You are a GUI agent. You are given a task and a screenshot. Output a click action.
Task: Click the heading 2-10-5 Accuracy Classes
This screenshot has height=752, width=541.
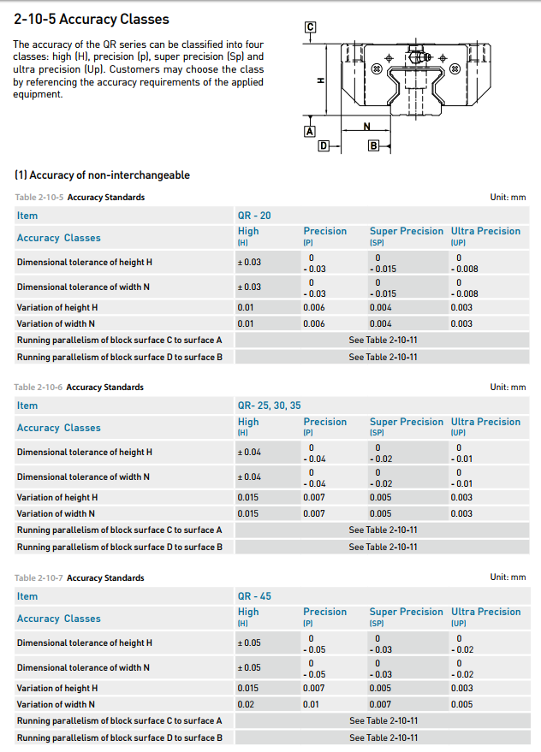tap(92, 19)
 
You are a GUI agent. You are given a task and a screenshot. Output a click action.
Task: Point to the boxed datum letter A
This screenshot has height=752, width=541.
tap(310, 131)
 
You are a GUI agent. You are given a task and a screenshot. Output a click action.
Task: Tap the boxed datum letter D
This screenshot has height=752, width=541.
tap(324, 146)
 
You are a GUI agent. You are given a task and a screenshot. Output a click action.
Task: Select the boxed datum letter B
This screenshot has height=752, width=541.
tap(373, 146)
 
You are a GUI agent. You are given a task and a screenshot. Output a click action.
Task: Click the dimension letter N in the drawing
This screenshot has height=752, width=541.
tap(367, 126)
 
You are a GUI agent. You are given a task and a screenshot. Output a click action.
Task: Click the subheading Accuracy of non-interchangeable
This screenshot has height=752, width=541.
tap(102, 175)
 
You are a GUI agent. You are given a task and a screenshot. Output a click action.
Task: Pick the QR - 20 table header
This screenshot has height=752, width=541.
tap(254, 216)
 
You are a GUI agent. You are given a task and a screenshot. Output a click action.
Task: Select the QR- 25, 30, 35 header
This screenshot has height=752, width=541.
tap(269, 406)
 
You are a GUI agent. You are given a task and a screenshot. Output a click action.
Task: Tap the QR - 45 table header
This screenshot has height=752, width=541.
tap(254, 596)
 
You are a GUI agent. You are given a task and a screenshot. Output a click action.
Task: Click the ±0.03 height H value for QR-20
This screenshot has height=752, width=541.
tap(249, 262)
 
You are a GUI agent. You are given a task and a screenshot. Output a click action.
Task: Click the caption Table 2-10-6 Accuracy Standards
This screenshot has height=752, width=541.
tap(79, 388)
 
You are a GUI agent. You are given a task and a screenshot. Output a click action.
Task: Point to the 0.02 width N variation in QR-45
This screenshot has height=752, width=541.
tap(246, 704)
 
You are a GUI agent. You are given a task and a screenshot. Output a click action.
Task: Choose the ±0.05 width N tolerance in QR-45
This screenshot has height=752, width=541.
tap(249, 667)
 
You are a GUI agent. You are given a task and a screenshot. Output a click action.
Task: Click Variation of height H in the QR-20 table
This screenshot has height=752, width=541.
tap(57, 307)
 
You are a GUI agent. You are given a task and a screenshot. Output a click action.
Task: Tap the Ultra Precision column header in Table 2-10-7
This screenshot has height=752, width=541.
tap(485, 612)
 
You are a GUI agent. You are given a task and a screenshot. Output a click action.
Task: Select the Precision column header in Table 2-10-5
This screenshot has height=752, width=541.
tap(325, 231)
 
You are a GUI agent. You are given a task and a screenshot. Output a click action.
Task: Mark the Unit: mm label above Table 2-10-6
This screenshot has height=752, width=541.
tap(508, 388)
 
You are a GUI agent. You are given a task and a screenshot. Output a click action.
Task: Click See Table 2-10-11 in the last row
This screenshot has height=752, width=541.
tap(383, 737)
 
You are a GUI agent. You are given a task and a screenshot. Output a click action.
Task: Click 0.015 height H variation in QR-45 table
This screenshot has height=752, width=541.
tap(248, 688)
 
